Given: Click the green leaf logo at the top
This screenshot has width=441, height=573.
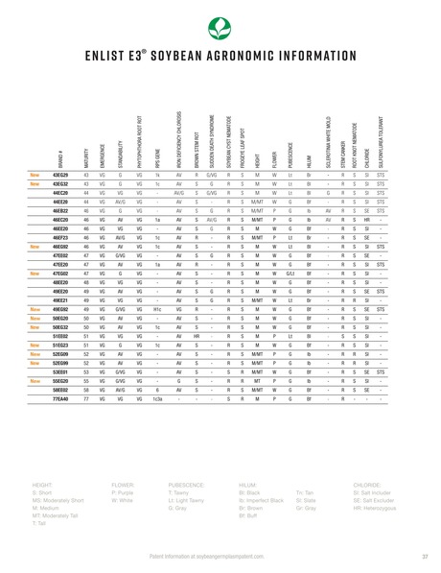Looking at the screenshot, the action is tap(220, 26).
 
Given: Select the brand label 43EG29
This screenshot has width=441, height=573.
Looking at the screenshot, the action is tap(59, 176).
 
